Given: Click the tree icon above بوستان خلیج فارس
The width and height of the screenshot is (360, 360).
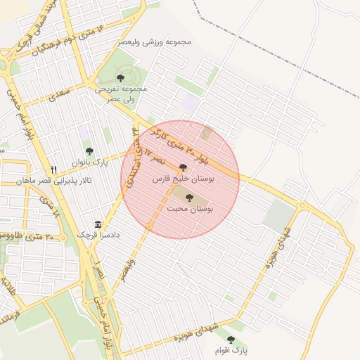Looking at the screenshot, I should (184, 168).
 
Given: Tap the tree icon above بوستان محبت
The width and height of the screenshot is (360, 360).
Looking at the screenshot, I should (189, 198).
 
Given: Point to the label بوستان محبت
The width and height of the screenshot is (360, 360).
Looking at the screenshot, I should (191, 209).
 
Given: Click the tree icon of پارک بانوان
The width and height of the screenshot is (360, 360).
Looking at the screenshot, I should (89, 151).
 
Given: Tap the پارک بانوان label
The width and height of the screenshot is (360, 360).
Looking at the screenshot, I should (89, 162).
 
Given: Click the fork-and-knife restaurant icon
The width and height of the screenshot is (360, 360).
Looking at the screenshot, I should (53, 169).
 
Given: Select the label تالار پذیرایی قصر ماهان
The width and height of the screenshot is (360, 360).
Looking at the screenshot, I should (45, 181).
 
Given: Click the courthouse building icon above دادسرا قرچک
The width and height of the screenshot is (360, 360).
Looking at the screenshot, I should (98, 224).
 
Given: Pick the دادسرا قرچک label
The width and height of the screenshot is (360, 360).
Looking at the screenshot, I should (98, 235).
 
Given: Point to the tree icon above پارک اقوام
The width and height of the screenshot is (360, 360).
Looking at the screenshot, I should (231, 340).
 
